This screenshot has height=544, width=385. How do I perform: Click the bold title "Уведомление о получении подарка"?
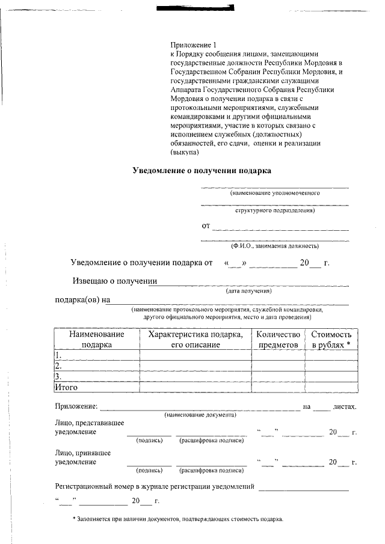point(202,170)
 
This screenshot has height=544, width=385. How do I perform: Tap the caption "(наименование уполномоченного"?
point(274,194)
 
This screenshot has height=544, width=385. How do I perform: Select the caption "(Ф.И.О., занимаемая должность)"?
point(274,246)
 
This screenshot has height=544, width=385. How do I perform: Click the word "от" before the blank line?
point(206,226)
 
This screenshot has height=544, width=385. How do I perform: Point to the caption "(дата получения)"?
point(249,291)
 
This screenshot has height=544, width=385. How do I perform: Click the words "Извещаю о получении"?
point(115,281)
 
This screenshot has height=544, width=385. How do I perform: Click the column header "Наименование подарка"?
point(96,340)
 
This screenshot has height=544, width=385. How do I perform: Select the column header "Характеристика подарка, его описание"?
point(195,340)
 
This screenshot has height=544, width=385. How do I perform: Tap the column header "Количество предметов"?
point(278,340)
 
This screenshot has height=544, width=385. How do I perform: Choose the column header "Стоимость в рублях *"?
point(331,340)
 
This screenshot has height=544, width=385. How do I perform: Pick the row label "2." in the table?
point(58,365)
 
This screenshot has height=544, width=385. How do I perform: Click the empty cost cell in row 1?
point(331,355)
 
